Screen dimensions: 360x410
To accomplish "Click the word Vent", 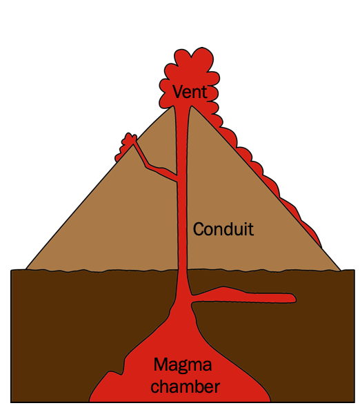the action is click(x=190, y=92).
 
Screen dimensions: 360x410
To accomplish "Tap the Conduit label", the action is click(x=223, y=229).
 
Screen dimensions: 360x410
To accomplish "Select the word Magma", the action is click(x=182, y=365).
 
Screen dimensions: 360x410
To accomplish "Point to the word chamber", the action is click(x=185, y=387).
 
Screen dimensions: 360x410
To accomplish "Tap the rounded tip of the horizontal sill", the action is click(x=294, y=298).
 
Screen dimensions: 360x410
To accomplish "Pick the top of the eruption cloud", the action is click(x=193, y=48).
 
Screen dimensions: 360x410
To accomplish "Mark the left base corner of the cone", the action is click(x=26, y=269).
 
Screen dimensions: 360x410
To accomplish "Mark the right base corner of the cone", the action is click(x=341, y=271).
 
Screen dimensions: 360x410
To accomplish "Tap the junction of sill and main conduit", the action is click(x=191, y=298).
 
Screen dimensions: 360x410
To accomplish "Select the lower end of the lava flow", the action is click(x=321, y=246).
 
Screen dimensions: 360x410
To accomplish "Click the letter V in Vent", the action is click(x=177, y=92).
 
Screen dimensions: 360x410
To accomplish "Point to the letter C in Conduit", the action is click(x=198, y=229).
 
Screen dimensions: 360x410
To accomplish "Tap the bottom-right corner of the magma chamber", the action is click(x=270, y=401).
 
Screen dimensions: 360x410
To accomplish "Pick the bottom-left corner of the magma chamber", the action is click(x=90, y=401).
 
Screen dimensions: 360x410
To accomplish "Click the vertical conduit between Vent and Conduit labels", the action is click(x=182, y=162).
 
